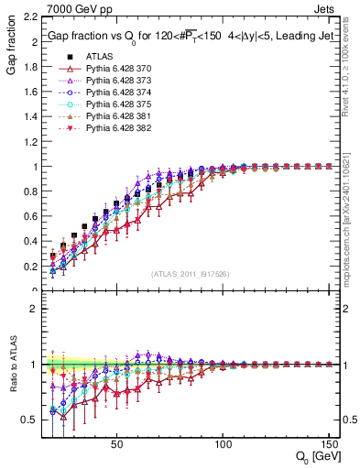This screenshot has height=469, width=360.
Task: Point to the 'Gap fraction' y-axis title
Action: point(10,47)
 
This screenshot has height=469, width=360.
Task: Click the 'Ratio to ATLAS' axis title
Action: point(10,365)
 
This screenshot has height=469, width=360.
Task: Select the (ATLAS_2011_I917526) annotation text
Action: point(191,275)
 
